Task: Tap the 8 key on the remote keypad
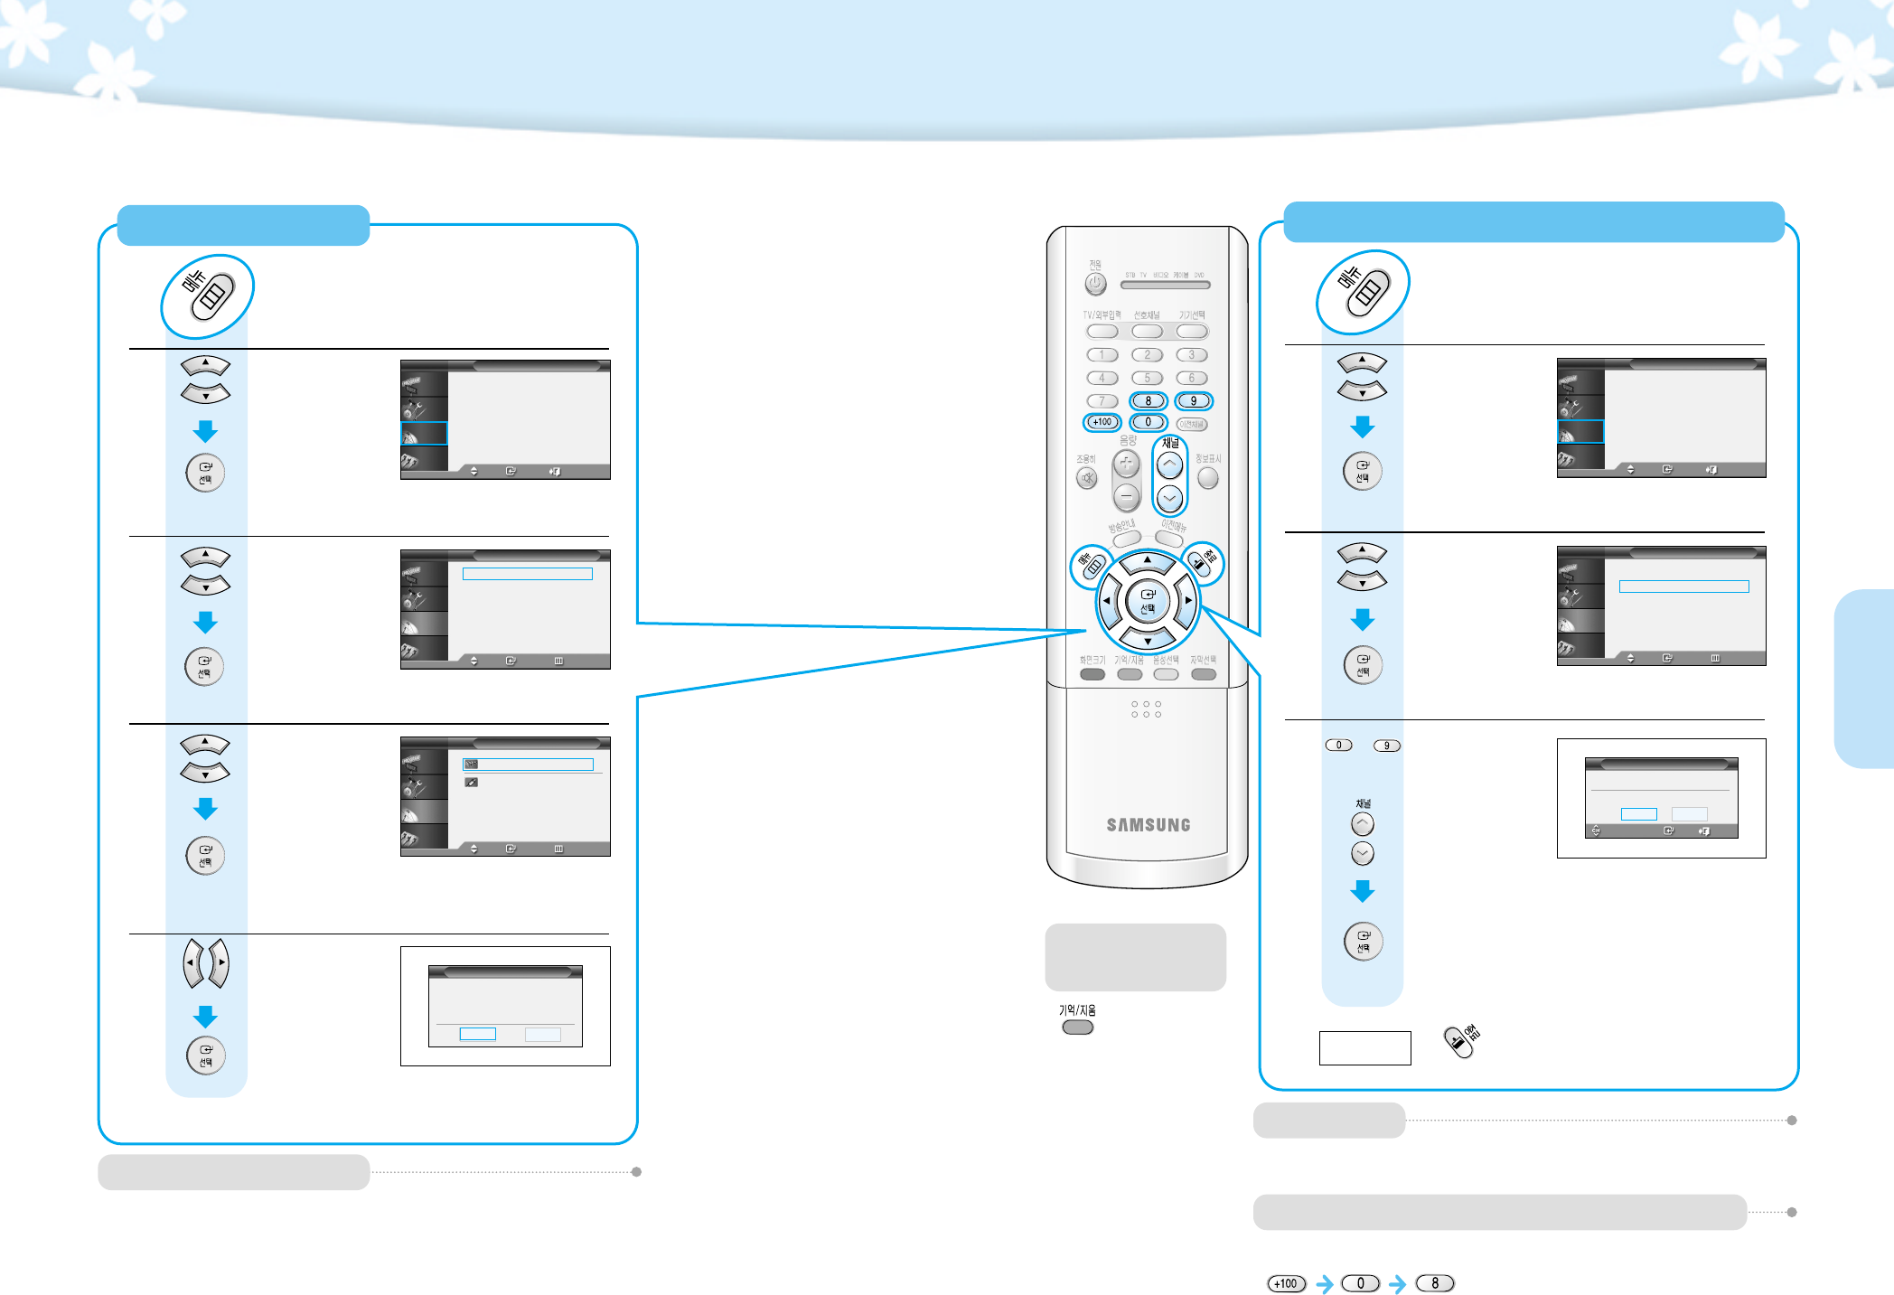(x=1148, y=400)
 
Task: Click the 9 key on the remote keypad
(x=1193, y=400)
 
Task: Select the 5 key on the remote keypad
(x=1147, y=378)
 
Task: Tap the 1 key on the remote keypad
(x=1102, y=355)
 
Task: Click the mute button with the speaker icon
(x=1087, y=478)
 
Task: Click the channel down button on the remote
(x=1169, y=498)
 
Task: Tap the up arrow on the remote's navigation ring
(x=1147, y=562)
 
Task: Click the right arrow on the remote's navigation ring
(x=1187, y=600)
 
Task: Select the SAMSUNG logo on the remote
(x=1148, y=825)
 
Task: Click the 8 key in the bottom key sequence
(x=1434, y=1283)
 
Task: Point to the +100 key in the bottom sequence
(x=1286, y=1283)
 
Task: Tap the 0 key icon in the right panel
(x=1338, y=746)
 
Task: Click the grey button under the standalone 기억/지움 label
(x=1077, y=1028)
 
